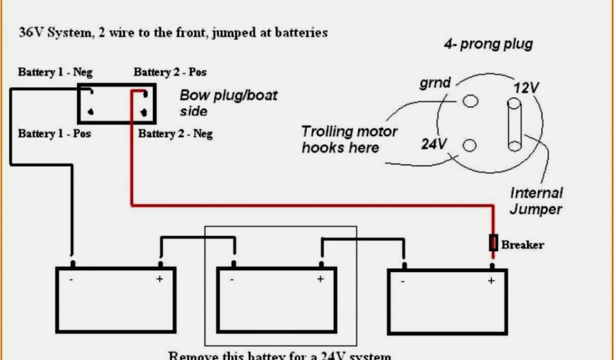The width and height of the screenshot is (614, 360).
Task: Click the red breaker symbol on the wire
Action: (x=493, y=243)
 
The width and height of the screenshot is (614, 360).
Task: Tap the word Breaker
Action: (x=522, y=245)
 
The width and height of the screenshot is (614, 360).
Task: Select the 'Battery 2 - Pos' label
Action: (x=170, y=73)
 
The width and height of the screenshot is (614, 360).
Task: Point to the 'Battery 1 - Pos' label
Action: (x=55, y=133)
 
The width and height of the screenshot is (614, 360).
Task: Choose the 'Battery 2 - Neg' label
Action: (x=175, y=133)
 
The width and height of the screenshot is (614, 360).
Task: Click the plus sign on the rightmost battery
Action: (x=491, y=281)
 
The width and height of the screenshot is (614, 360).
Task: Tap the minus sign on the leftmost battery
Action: (x=71, y=279)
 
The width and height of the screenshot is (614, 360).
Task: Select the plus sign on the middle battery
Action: (x=320, y=279)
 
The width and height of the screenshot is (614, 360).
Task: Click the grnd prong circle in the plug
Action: (x=471, y=101)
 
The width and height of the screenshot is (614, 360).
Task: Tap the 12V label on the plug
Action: (x=526, y=88)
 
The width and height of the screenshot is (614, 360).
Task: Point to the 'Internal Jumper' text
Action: (x=536, y=201)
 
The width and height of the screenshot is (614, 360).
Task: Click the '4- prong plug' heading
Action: (x=488, y=44)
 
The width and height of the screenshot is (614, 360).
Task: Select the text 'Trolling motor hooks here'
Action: (x=349, y=139)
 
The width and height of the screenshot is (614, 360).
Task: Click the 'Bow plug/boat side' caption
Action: (x=228, y=103)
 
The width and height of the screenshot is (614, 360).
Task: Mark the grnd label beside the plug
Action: (x=435, y=82)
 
